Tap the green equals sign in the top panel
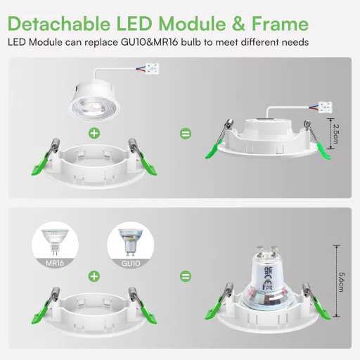(x=186, y=132)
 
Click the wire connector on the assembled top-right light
(x=325, y=108)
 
